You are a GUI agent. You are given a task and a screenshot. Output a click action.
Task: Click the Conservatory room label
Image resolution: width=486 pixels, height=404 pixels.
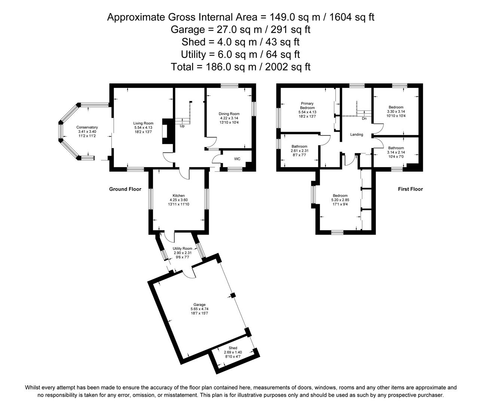pos(87,127)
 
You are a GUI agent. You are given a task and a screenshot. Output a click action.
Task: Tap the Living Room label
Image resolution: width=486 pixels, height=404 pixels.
pos(143,123)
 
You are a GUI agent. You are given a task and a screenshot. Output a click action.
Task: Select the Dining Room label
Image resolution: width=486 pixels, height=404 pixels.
pos(229,114)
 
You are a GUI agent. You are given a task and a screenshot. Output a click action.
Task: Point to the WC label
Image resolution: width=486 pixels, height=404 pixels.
pos(237,159)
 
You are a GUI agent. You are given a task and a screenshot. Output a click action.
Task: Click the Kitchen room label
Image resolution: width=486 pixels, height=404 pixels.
pos(178,196)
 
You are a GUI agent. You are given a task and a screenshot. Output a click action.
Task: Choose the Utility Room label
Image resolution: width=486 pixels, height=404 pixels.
pos(182,248)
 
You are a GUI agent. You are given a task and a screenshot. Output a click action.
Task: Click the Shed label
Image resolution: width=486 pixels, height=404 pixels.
pos(233,348)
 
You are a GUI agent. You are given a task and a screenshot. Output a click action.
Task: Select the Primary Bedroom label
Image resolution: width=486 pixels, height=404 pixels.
pos(307,105)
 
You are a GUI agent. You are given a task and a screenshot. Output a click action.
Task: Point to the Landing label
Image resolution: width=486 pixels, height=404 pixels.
pos(357,134)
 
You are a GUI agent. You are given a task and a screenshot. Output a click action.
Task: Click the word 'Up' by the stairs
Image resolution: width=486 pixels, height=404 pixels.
pos(182,126)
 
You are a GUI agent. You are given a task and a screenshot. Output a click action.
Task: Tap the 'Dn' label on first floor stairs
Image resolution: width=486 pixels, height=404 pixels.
pos(364,119)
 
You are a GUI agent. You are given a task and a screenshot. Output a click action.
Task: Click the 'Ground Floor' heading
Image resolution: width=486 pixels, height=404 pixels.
pos(125,189)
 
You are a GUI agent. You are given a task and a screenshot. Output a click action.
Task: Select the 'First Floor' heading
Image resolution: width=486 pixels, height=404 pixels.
pos(410,189)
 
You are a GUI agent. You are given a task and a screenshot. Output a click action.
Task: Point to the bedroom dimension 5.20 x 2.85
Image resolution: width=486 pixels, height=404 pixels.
pos(340,200)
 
